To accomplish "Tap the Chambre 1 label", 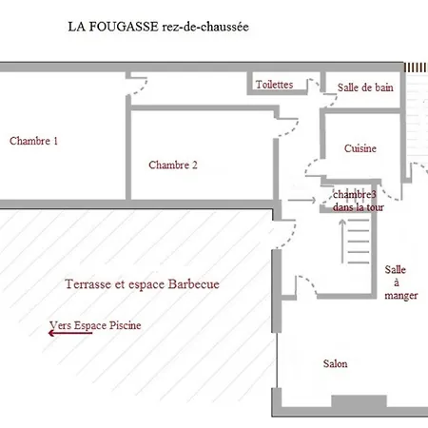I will click(x=34, y=141).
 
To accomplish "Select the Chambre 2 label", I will click(x=173, y=165).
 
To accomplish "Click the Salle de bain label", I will click(x=365, y=88).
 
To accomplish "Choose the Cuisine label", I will click(x=360, y=148).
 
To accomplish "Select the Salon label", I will click(x=334, y=364).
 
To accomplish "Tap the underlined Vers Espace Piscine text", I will click(x=98, y=325).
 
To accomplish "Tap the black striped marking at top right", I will click(x=416, y=68).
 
